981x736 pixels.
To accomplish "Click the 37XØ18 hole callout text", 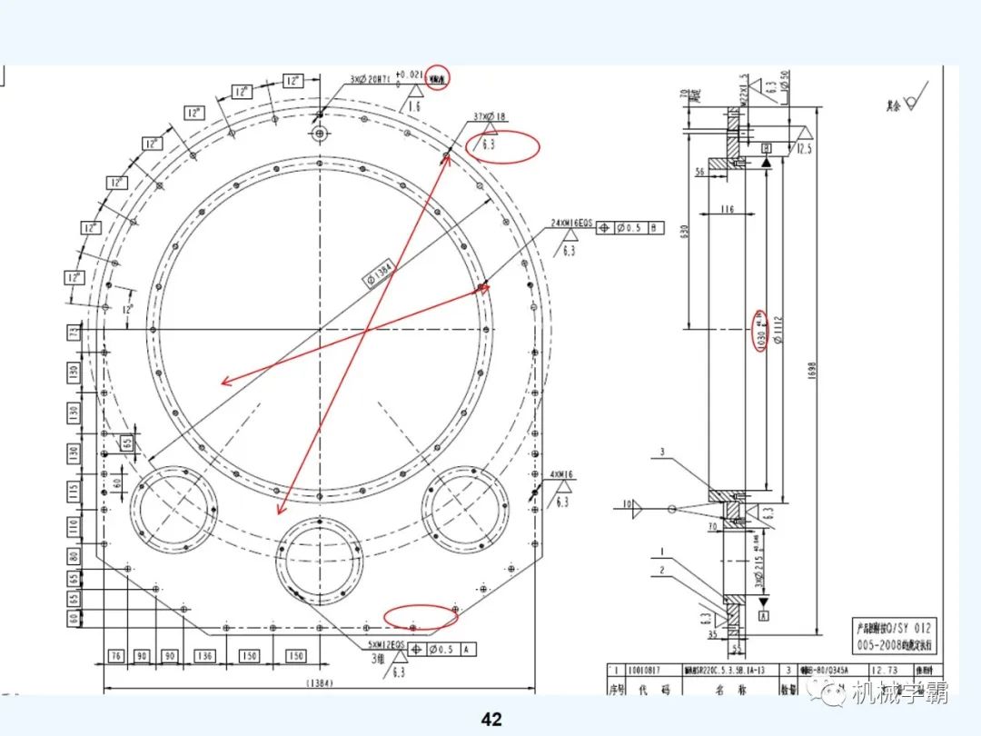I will click(490, 117).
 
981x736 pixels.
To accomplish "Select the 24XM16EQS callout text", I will click(571, 223).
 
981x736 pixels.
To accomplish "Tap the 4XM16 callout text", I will click(562, 474).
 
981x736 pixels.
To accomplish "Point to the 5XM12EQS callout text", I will click(385, 646).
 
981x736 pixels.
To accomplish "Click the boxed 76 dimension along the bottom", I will click(115, 656).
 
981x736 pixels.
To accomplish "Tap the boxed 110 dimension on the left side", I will click(74, 525).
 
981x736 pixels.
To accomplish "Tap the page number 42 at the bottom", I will click(490, 720).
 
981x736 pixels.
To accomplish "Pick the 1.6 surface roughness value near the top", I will click(413, 106).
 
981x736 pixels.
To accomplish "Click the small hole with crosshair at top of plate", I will click(319, 134).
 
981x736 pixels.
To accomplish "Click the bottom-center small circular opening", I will click(319, 557).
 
